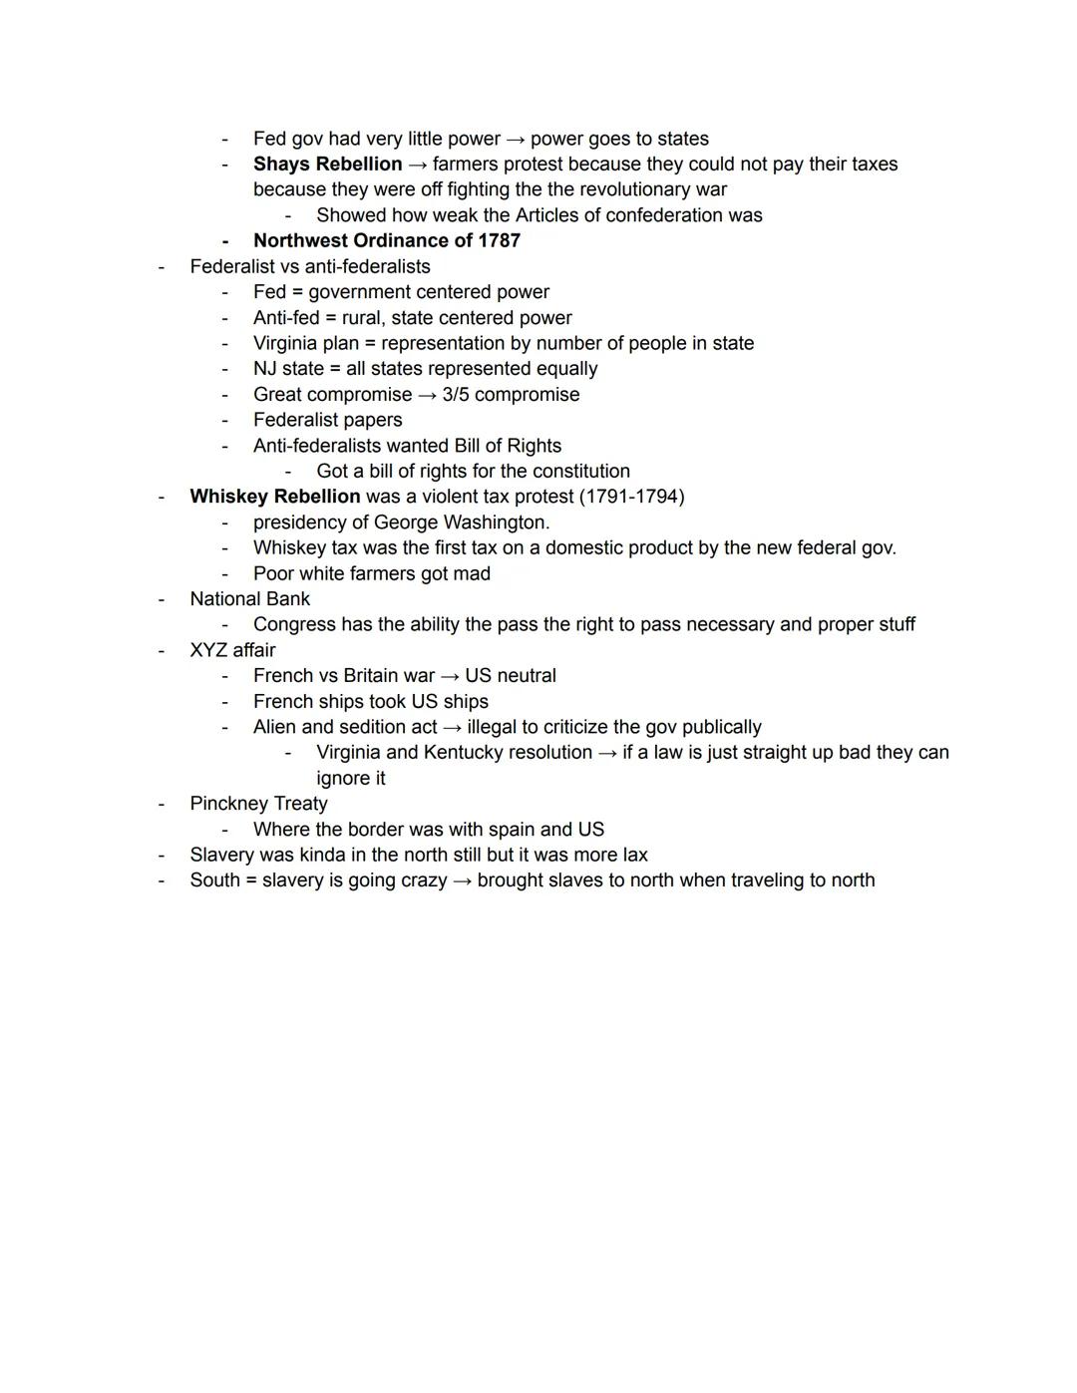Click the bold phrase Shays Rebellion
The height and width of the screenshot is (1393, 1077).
[x=327, y=165]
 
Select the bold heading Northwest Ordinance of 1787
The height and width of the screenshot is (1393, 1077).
[x=387, y=241]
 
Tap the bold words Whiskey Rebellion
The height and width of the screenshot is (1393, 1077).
[x=275, y=497]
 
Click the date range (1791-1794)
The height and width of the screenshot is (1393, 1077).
[x=631, y=497]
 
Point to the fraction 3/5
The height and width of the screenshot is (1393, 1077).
[x=457, y=395]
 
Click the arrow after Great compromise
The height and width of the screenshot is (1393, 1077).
[x=427, y=395]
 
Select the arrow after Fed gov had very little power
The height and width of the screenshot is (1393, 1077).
[x=516, y=140]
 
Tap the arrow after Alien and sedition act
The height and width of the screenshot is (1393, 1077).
[x=452, y=728]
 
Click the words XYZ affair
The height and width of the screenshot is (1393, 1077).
[x=232, y=650]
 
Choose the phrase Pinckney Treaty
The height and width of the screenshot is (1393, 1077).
[x=258, y=804]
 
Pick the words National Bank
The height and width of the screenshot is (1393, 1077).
[x=249, y=599]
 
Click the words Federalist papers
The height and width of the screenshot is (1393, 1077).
[x=327, y=421]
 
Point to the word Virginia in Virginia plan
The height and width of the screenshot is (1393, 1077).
[x=286, y=344]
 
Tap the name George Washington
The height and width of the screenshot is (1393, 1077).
[x=460, y=522]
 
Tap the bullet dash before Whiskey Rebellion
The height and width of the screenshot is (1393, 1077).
[x=161, y=497]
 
